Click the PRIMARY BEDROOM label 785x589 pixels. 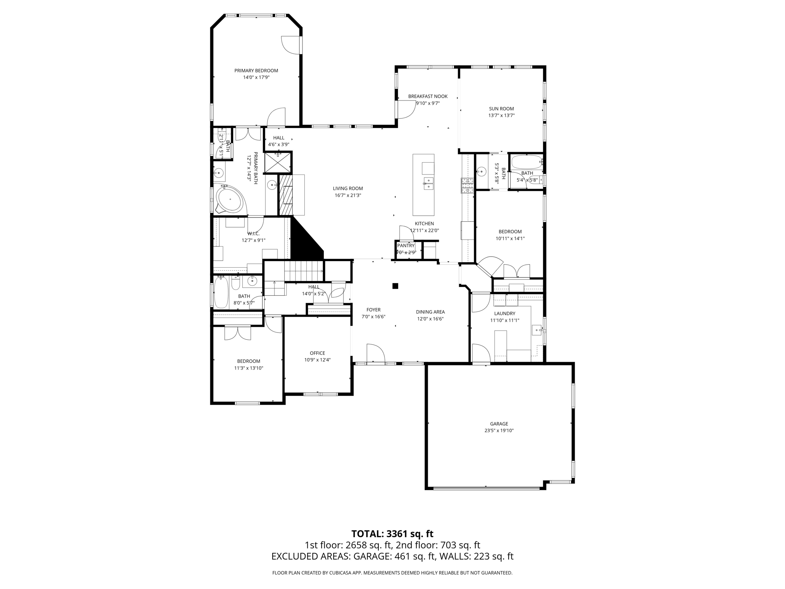click(256, 71)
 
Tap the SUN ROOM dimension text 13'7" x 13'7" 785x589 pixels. click(501, 115)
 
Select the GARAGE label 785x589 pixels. click(499, 424)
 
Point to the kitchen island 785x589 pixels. click(423, 185)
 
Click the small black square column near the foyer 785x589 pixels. click(395, 286)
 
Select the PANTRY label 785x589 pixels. click(406, 245)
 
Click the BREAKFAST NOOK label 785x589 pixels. click(428, 96)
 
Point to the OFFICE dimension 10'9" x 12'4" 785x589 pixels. click(317, 360)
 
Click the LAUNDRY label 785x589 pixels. click(504, 313)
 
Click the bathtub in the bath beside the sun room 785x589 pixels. click(526, 162)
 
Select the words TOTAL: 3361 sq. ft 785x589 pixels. click(392, 533)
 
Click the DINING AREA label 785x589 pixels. click(430, 312)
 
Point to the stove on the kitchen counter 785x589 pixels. click(467, 186)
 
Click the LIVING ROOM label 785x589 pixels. click(348, 188)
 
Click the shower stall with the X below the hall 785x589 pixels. click(278, 163)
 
